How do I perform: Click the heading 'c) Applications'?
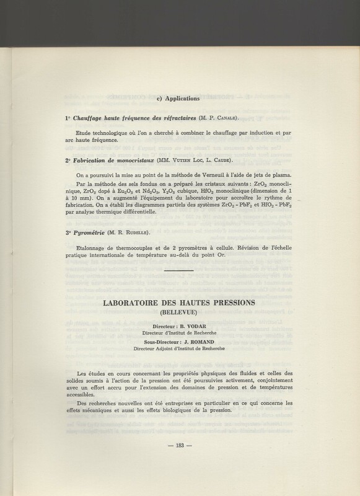pyautogui.click(x=180, y=97)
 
